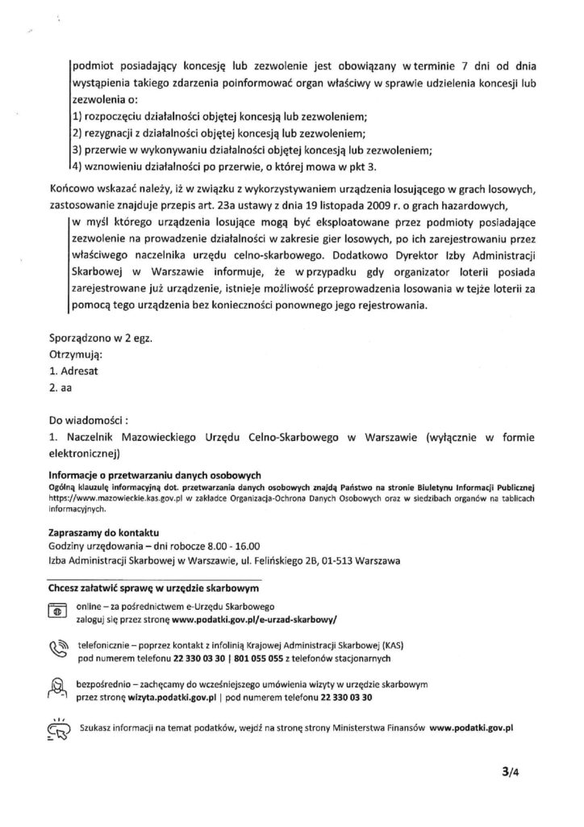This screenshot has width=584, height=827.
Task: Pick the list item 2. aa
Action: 60,388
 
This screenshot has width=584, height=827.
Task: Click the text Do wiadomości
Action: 90,420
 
